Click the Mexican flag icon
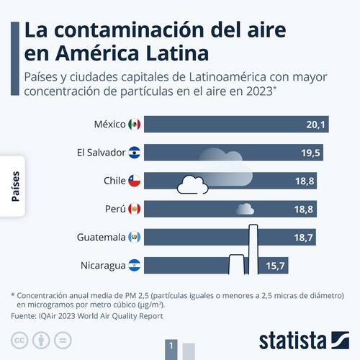coord(135,125)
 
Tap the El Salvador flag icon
coord(135,153)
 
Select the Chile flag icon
coord(135,181)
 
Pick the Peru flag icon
coord(135,209)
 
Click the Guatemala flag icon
coord(135,237)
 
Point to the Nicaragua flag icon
coord(135,265)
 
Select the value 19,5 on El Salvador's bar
coord(311,153)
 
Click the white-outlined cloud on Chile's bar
coord(192,184)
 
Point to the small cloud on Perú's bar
coord(245,210)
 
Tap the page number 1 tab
coord(171,347)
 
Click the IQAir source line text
coord(87,315)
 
